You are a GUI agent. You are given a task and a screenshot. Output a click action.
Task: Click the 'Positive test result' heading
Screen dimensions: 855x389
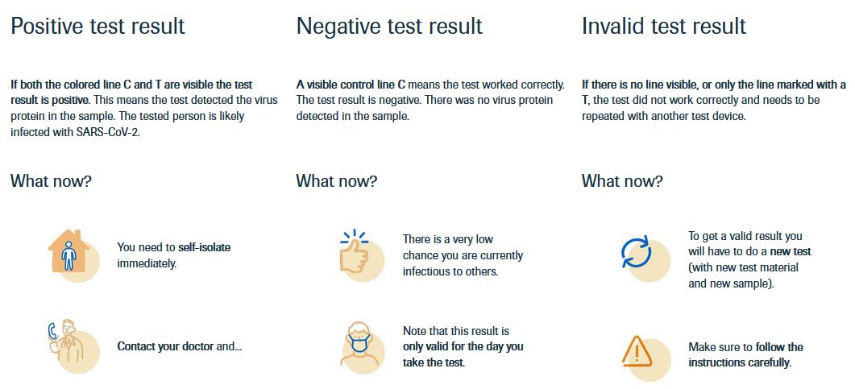[98, 26]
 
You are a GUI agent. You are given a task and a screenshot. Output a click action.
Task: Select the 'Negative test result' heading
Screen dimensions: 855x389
[389, 26]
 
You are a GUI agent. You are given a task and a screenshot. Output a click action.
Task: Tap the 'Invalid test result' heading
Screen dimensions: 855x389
[663, 26]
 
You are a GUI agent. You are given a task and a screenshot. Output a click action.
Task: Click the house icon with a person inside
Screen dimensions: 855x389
[68, 250]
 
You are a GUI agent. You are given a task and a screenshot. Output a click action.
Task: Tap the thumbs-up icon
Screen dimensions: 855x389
[355, 252]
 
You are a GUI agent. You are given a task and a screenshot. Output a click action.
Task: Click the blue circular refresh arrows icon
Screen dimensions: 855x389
[637, 252]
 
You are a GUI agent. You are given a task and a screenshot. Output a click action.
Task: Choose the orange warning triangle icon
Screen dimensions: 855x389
[637, 351]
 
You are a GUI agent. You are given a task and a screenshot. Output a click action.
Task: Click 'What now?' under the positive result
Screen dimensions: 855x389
[51, 181]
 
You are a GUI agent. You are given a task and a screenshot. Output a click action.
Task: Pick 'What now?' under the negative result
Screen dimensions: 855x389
[336, 181]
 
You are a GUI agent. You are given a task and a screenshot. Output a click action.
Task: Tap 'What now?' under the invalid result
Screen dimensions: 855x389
[622, 181]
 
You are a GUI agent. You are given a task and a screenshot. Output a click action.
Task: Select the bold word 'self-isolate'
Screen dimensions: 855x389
[205, 247]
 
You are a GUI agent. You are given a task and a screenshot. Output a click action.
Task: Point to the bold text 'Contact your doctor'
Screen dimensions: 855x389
[165, 346]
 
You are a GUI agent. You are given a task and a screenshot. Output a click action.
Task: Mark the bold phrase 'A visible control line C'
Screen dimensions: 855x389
[351, 85]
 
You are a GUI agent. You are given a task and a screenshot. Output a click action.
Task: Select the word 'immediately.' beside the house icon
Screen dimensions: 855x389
[147, 263]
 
